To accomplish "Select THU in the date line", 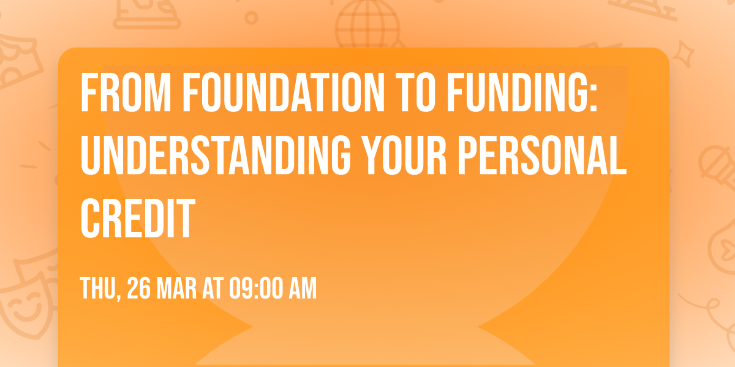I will [x=97, y=288].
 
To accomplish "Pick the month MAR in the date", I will [x=178, y=288].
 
